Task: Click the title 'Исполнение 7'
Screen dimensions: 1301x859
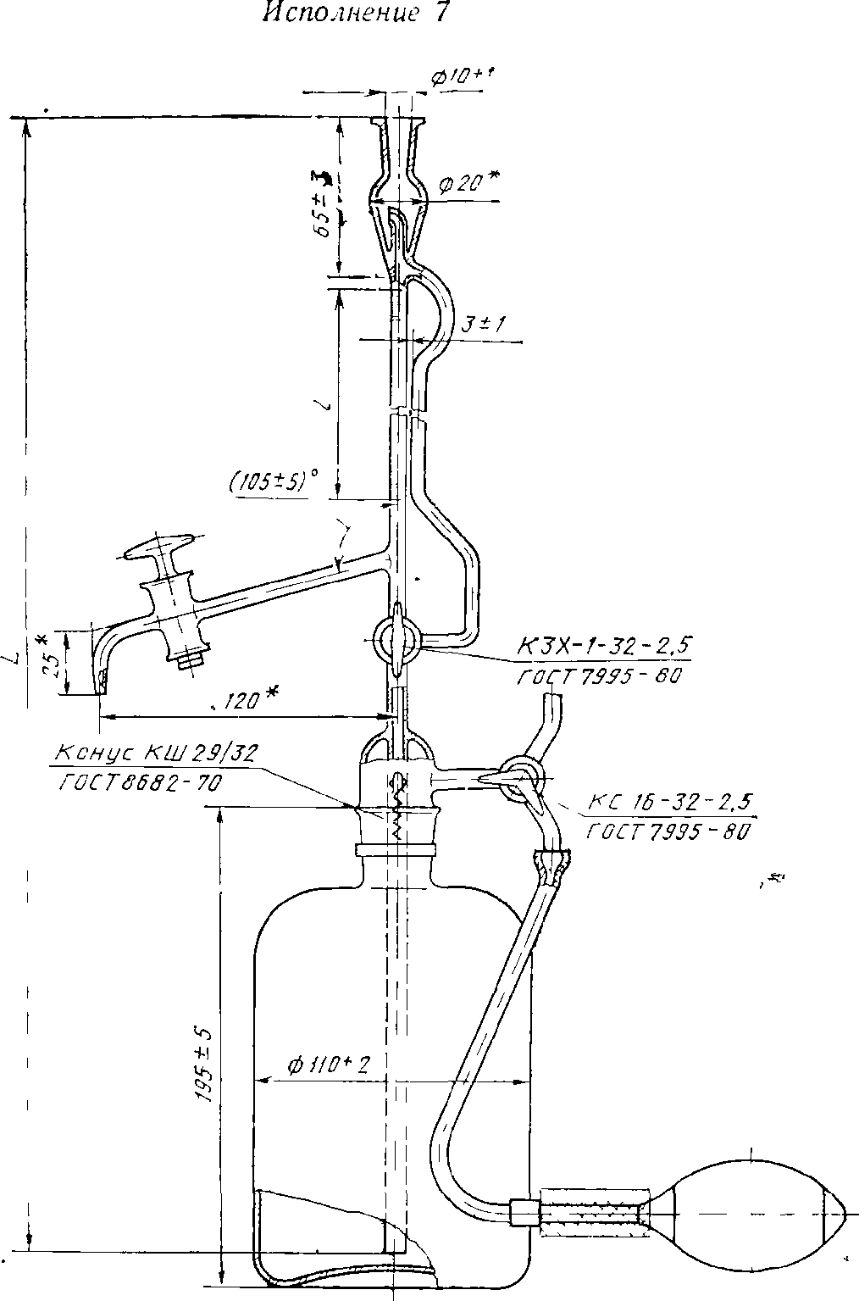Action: pyautogui.click(x=355, y=14)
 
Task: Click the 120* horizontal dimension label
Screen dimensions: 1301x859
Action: pyautogui.click(x=250, y=698)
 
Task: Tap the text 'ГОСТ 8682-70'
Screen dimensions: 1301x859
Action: pyautogui.click(x=141, y=784)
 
